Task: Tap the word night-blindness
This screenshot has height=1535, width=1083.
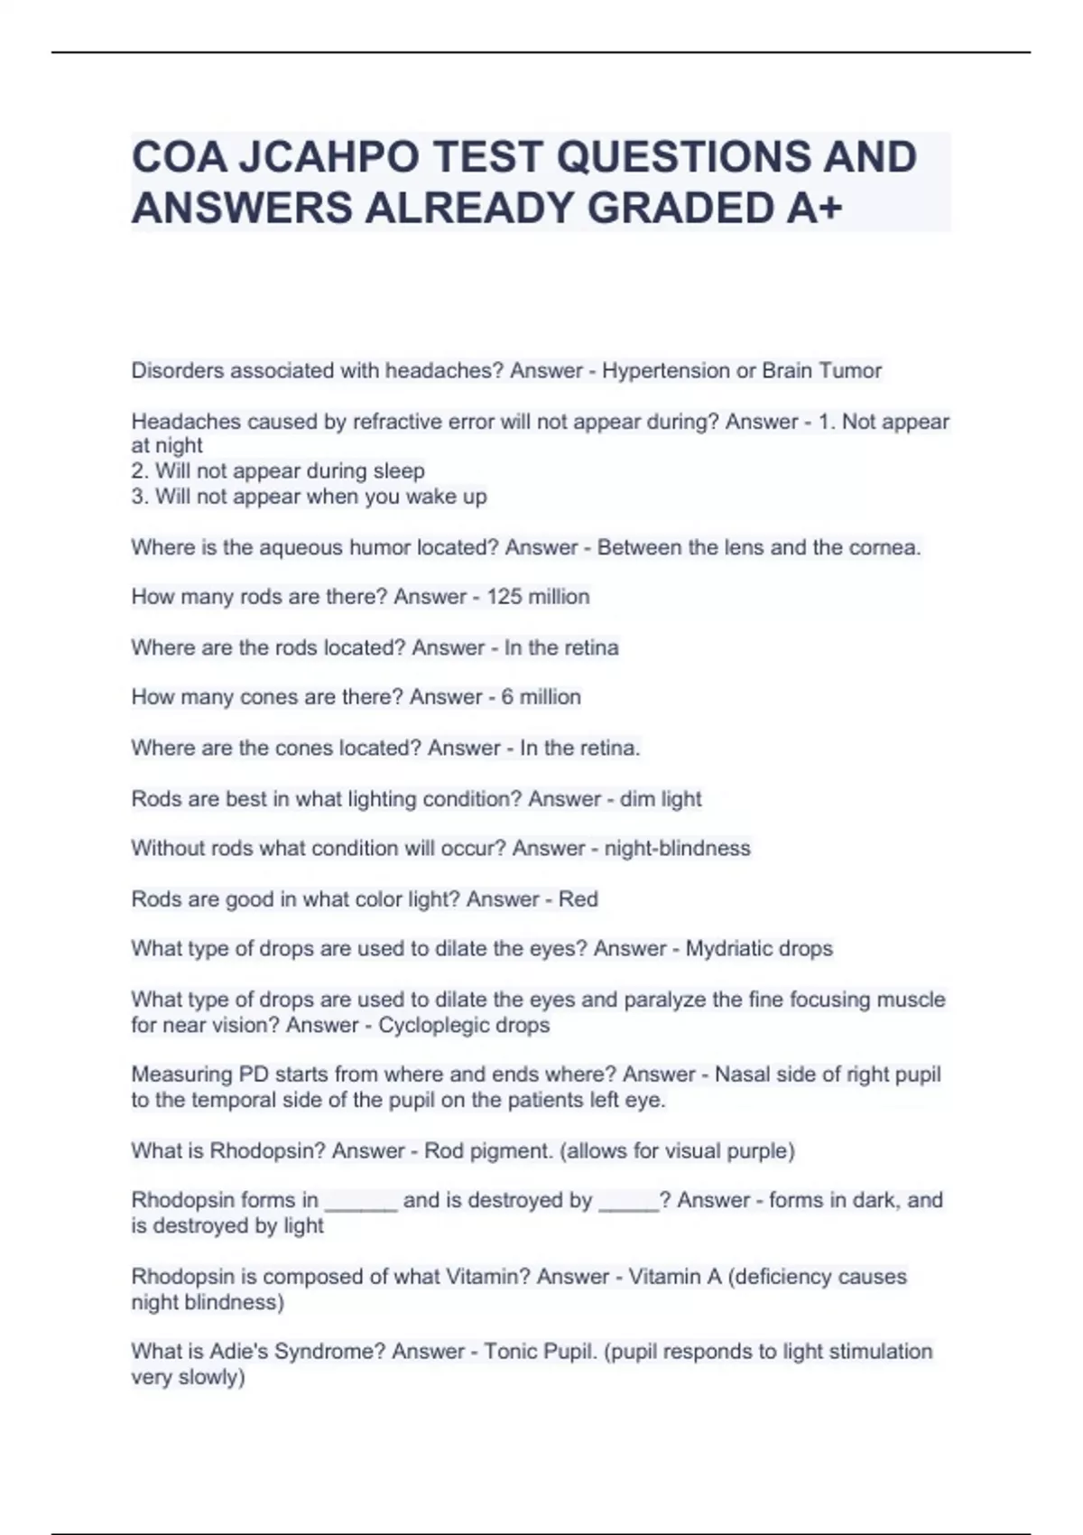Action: [677, 849]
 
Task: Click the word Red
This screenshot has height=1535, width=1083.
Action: [579, 899]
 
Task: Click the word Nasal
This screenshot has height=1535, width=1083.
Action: [743, 1074]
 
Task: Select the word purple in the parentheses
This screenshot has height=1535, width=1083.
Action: [760, 1151]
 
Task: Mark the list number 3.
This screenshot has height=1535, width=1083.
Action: [137, 497]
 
